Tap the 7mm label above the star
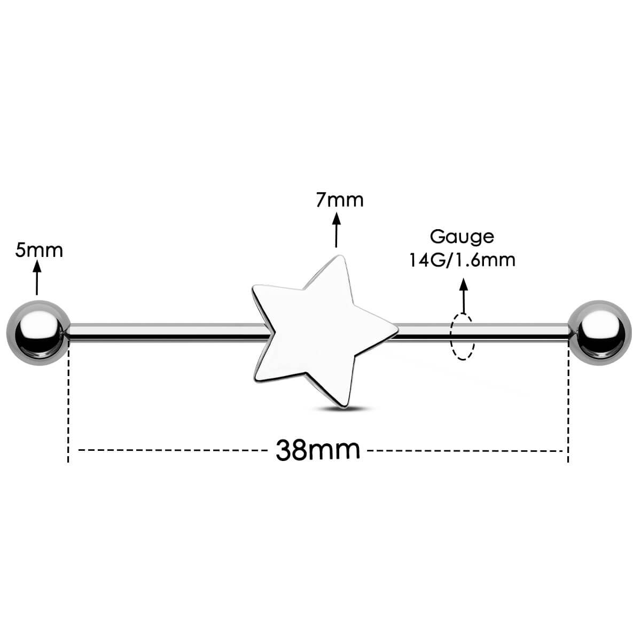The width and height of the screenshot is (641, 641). coord(340,200)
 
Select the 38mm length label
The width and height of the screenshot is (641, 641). coord(318,450)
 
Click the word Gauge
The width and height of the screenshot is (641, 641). coord(462,236)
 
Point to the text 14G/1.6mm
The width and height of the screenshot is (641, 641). coord(462,260)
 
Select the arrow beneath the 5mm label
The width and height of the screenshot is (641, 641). coord(36,278)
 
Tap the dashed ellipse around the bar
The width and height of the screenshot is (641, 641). coord(463,337)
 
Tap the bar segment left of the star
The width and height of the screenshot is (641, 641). coord(166,332)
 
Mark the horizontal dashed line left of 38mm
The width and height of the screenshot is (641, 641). coord(171,451)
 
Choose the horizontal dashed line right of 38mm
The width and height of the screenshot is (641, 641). coord(465,451)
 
